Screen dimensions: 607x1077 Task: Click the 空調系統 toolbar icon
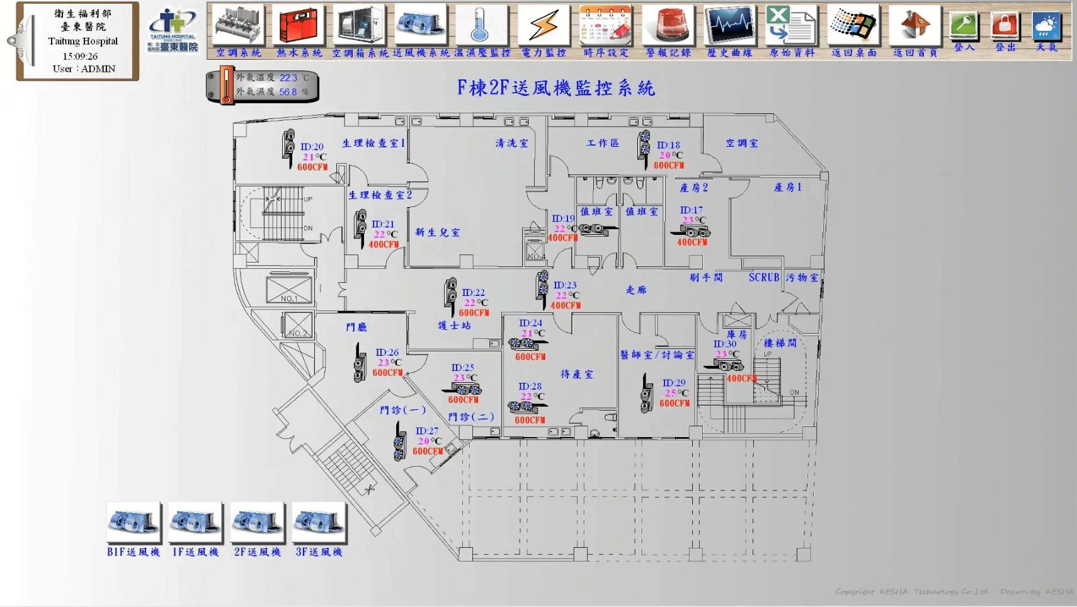point(238,26)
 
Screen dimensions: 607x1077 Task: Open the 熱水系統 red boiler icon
point(299,26)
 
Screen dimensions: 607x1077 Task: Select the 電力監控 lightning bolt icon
point(544,26)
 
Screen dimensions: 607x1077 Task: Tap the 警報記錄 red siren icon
point(668,26)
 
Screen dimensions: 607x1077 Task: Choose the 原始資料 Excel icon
point(791,26)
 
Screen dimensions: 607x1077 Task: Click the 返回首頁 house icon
point(915,26)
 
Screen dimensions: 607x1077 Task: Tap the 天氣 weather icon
point(1047,26)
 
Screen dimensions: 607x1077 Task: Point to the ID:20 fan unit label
point(312,147)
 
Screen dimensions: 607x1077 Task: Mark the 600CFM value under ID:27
point(428,451)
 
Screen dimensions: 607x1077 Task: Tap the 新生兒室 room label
point(437,232)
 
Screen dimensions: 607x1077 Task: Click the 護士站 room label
point(454,326)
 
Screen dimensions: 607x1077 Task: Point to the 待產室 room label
point(576,374)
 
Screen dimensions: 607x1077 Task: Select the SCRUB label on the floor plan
point(763,277)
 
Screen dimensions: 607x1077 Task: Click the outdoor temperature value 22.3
point(288,78)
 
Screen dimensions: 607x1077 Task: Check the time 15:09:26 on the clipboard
point(80,56)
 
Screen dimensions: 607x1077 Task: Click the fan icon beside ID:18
point(644,145)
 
